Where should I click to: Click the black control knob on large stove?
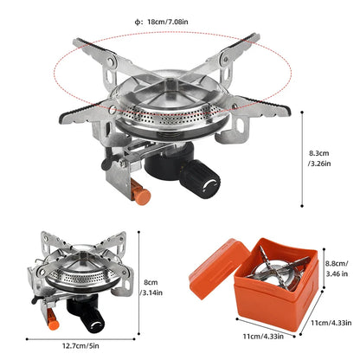206,181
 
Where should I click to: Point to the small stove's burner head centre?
84,272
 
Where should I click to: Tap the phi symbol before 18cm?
138,21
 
